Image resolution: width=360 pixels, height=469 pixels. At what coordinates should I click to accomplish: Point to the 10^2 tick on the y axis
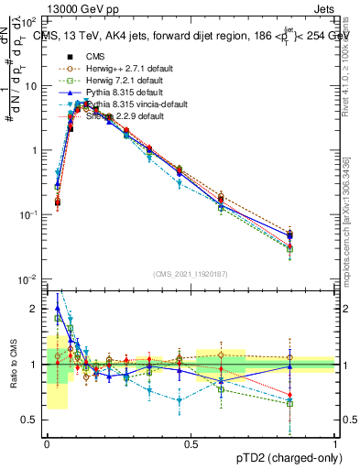pyautogui.click(x=28, y=20)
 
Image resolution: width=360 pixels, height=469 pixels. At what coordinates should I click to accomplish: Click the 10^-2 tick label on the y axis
pyautogui.click(x=28, y=278)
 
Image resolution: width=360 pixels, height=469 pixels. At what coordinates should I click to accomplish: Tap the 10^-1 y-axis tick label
pyautogui.click(x=28, y=214)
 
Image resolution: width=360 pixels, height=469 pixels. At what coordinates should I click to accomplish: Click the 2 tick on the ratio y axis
pyautogui.click(x=35, y=309)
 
